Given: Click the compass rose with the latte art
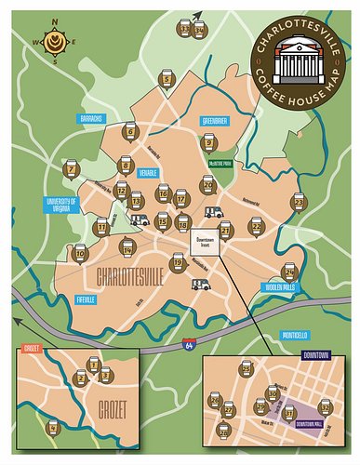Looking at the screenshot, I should (x=53, y=42).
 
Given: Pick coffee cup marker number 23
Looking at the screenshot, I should (x=299, y=200).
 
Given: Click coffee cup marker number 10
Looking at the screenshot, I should (x=80, y=252).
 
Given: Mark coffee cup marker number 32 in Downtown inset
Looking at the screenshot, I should (x=325, y=406).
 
